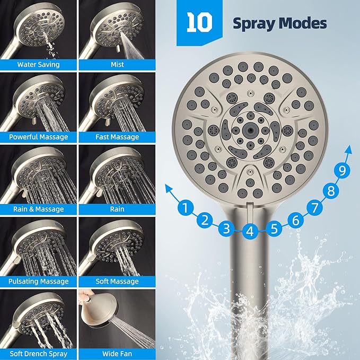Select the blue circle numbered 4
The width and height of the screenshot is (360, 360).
tap(251, 231)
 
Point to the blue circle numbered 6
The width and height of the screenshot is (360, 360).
tap(296, 218)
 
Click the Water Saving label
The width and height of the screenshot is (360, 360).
tap(38, 65)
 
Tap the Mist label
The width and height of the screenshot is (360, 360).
tap(117, 65)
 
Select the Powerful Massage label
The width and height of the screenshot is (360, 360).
tap(38, 137)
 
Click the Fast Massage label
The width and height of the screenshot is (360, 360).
tap(117, 137)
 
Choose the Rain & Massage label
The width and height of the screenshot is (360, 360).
tap(38, 209)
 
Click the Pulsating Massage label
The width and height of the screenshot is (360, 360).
tap(38, 282)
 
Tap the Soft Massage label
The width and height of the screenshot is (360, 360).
tap(117, 282)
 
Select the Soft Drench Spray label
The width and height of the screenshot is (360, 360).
tap(38, 353)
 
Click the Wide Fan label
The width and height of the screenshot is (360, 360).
tap(117, 353)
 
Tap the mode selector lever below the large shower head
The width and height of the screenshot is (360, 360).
tap(251, 208)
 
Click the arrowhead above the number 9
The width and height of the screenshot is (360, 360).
tap(348, 152)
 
